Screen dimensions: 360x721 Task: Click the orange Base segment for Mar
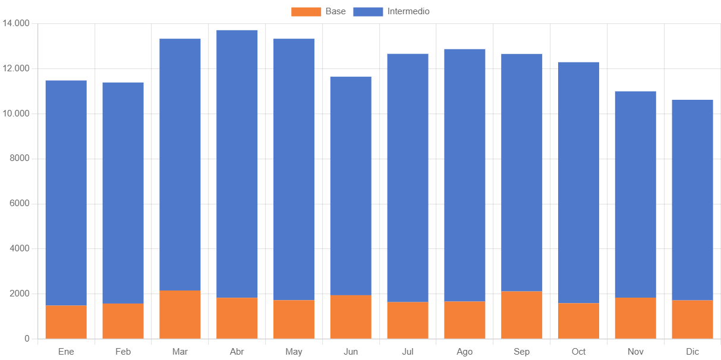pos(180,314)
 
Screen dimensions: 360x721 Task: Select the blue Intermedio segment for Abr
pos(237,163)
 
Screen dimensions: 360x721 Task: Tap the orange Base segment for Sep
pos(522,315)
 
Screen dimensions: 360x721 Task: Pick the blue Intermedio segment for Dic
pos(692,200)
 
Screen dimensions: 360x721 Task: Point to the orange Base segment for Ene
pos(66,322)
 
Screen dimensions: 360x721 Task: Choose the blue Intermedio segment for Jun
pos(351,186)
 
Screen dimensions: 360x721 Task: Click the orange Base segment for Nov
pos(635,318)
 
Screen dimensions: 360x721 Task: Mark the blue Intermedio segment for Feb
pos(123,193)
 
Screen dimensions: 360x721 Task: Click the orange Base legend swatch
pos(306,11)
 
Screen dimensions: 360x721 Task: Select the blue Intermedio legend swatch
pos(368,11)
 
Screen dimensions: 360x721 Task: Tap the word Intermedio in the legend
pos(408,11)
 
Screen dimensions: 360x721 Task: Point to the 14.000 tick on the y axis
pos(16,23)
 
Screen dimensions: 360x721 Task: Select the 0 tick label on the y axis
pos(27,339)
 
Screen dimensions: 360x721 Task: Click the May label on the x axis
pos(294,352)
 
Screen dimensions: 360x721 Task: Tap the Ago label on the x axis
pos(465,352)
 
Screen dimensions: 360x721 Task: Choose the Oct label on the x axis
pos(578,352)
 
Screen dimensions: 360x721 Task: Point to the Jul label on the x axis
pos(408,352)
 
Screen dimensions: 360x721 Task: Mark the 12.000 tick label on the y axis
pos(16,68)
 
